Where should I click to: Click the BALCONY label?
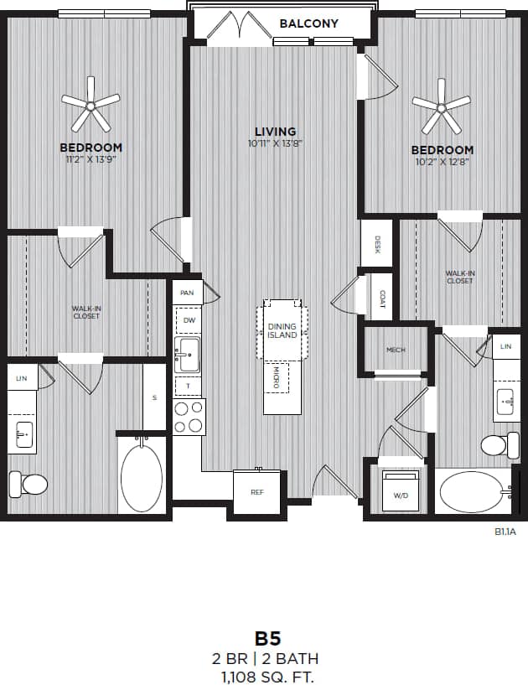click(308, 23)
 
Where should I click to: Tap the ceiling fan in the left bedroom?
click(91, 105)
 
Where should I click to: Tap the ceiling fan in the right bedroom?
click(442, 106)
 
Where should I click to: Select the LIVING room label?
click(276, 132)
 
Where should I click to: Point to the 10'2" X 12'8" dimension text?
click(441, 163)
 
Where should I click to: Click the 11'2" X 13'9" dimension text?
click(91, 159)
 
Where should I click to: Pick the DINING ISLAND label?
click(282, 330)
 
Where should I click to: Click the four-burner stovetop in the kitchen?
click(189, 416)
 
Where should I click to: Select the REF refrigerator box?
click(256, 491)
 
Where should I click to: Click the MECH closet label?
click(396, 350)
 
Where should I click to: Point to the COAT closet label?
click(381, 298)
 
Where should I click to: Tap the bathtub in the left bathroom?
click(142, 477)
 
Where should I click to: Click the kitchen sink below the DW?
click(188, 355)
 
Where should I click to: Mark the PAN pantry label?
click(186, 293)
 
